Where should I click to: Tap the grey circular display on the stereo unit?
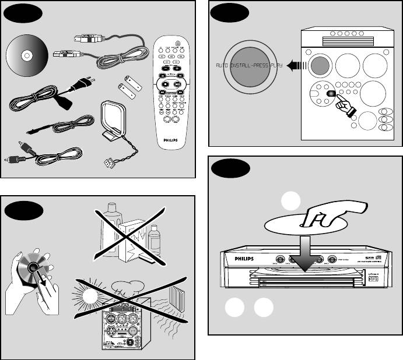tap(320, 65)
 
